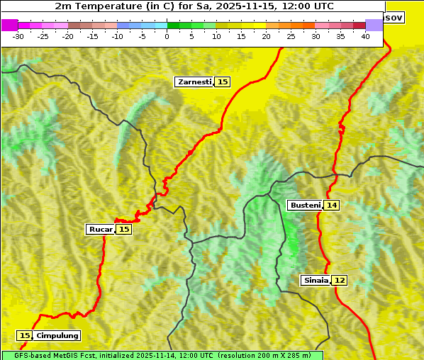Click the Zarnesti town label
tap(194, 82)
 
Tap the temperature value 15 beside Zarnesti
tap(223, 82)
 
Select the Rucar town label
tap(101, 230)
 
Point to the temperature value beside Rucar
tap(124, 230)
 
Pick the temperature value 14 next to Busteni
tap(332, 206)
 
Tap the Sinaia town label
tap(316, 281)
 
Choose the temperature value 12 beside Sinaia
tap(340, 281)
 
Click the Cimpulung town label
tap(57, 336)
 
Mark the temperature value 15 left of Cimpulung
tap(26, 336)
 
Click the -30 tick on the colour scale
tap(18, 36)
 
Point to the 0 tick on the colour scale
tap(167, 36)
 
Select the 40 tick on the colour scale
tap(365, 36)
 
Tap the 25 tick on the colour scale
tap(291, 36)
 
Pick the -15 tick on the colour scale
tap(92, 36)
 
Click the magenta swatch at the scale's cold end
tap(9, 26)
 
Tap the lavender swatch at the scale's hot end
tap(374, 26)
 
